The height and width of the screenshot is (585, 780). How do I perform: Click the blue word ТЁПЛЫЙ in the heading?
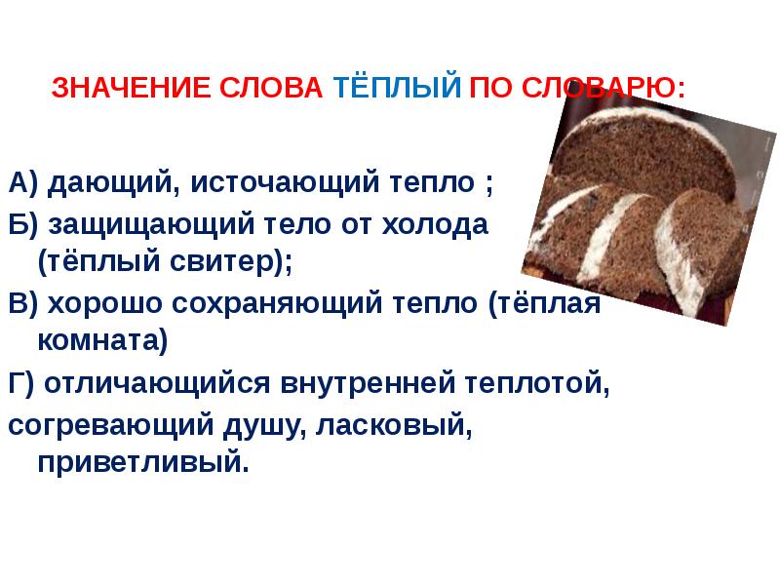pyautogui.click(x=396, y=88)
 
